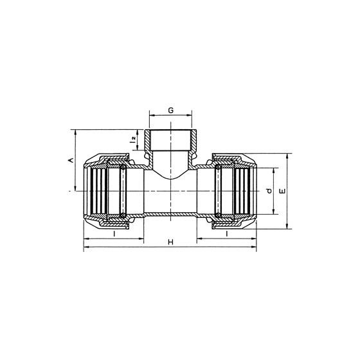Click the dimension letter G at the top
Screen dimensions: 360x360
tap(170, 110)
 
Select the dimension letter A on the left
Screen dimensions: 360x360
tap(71, 160)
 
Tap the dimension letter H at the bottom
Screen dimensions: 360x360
tap(170, 242)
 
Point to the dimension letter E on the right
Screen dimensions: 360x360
tap(283, 191)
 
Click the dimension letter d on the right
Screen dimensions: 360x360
tap(269, 191)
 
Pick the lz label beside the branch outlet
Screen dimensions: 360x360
tap(132, 139)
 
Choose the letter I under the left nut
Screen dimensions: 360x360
tap(114, 234)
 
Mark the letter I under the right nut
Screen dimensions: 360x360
tap(227, 234)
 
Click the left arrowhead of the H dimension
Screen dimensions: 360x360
tap(86, 247)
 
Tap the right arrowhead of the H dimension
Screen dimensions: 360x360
tap(254, 247)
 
